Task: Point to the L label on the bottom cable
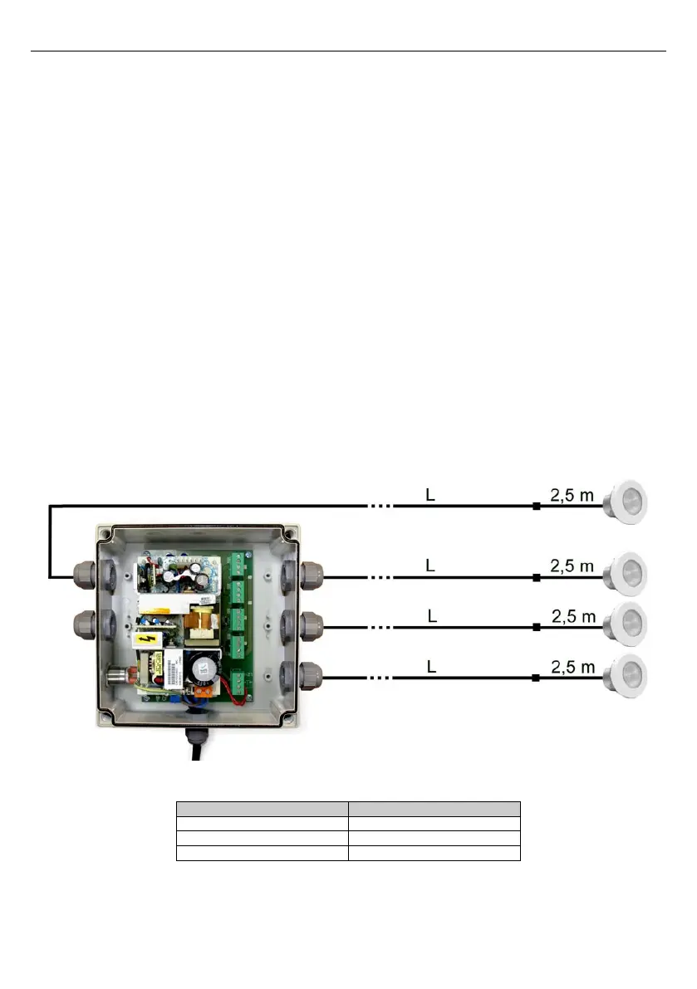click(430, 667)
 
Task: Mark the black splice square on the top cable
click(536, 506)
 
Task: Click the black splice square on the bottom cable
click(536, 679)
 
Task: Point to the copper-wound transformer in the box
click(199, 622)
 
